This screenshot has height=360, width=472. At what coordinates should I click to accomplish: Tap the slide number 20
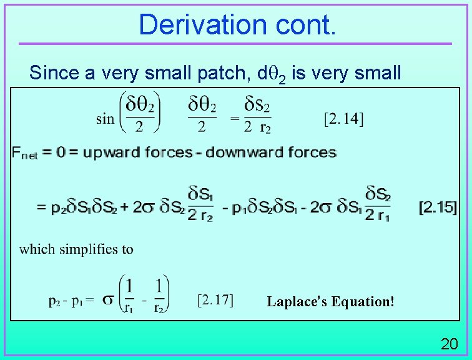450,344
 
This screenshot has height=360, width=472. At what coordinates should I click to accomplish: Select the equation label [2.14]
344,118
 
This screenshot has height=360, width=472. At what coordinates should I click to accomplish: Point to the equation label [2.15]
438,207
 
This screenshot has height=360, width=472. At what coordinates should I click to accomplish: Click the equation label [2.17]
215,301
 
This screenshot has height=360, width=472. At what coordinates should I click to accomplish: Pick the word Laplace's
297,301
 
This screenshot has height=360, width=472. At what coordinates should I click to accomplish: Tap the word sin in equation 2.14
105,118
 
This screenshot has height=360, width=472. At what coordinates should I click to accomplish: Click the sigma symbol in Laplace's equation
108,301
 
